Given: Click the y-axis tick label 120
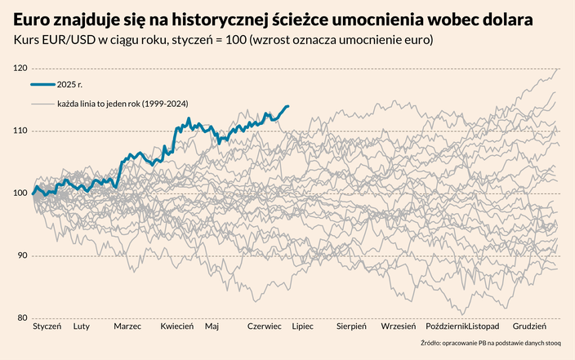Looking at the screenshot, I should click(21, 69).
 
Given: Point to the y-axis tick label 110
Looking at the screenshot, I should click(21, 131).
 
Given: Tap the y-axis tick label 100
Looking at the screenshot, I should click(21, 193).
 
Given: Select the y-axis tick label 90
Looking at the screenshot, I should click(23, 256).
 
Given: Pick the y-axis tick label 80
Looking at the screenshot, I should click(23, 318).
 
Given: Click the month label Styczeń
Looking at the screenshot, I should click(47, 327).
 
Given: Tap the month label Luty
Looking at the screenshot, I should click(82, 327).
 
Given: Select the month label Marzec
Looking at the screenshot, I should click(127, 327).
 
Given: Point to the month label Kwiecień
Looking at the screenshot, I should click(176, 327).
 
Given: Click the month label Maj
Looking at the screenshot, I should click(212, 327).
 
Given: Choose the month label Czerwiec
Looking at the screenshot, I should click(265, 327).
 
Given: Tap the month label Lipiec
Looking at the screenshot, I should click(303, 327).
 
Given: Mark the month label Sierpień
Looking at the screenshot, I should click(351, 327).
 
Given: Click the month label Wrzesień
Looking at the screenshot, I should click(398, 327).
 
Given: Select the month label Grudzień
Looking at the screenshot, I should click(529, 327).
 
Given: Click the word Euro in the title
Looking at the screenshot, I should click(33, 18).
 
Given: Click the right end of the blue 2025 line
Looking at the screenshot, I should click(287, 106).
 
